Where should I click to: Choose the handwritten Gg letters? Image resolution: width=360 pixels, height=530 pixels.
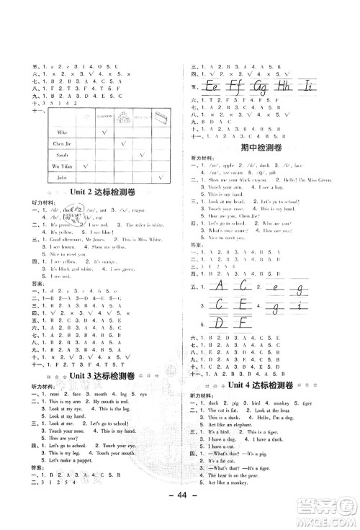pos(261,86)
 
